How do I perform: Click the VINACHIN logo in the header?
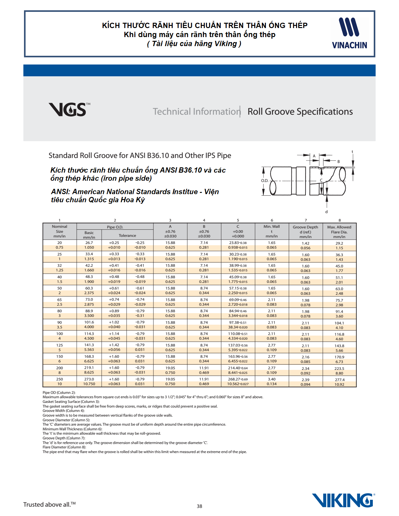click(349, 33)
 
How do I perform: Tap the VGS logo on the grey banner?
click(69, 109)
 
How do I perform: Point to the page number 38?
click(199, 506)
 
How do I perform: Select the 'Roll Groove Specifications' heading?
click(300, 112)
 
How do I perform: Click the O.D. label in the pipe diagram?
click(265, 180)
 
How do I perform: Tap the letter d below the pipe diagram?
click(326, 212)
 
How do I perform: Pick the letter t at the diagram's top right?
click(353, 152)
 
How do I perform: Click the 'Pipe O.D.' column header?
click(115, 227)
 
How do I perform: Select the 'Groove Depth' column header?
click(305, 227)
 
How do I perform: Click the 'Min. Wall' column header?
click(272, 227)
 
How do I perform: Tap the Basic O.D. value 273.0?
click(89, 379)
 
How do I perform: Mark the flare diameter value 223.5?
click(339, 368)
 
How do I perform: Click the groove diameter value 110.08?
click(238, 334)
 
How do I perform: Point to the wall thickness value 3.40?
click(272, 379)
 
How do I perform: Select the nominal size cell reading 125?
click(60, 345)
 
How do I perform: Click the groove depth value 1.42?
click(305, 243)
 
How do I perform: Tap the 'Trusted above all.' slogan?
click(49, 504)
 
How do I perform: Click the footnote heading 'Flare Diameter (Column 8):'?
click(64, 447)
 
